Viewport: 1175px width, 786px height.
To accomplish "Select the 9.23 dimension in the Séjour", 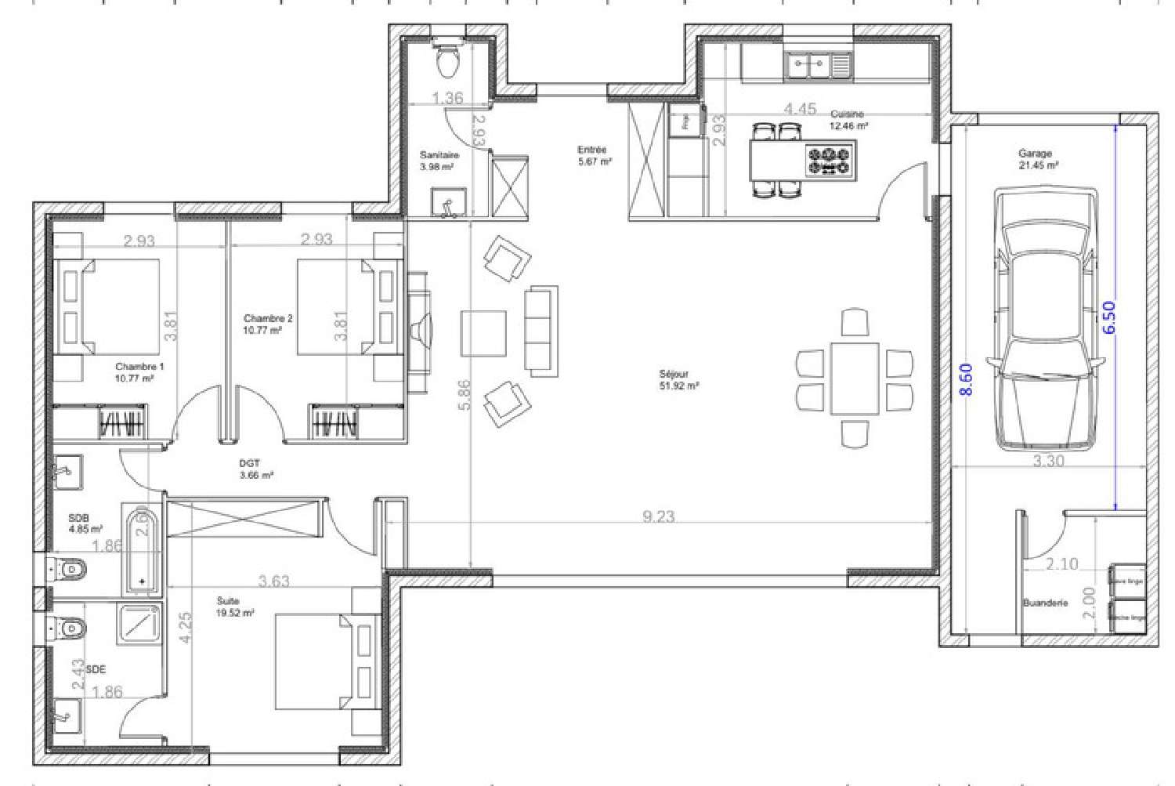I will click(658, 516).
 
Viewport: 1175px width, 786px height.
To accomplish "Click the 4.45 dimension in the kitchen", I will click(800, 109).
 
